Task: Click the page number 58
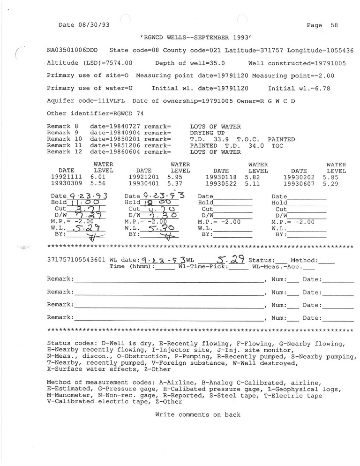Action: click(334, 25)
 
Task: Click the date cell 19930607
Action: click(299, 184)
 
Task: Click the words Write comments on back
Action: click(198, 414)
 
